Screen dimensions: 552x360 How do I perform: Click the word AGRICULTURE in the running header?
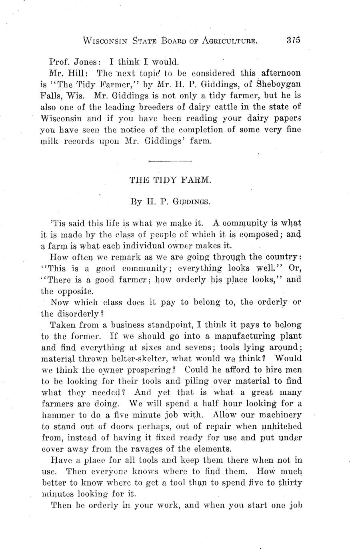229,40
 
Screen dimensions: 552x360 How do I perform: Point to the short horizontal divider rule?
170,161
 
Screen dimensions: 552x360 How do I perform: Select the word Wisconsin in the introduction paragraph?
62,119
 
